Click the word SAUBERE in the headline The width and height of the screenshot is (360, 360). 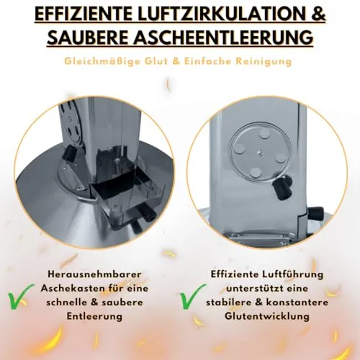click(x=87, y=37)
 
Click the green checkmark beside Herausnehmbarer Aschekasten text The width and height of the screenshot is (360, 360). click(x=20, y=297)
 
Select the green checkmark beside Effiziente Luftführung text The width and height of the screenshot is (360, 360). click(x=193, y=297)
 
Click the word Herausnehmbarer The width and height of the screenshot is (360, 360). click(x=94, y=274)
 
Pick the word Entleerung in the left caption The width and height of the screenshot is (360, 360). click(x=94, y=316)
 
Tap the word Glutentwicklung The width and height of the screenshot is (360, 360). click(x=267, y=316)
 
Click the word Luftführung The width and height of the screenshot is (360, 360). click(x=292, y=274)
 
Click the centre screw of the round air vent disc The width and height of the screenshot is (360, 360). click(x=261, y=152)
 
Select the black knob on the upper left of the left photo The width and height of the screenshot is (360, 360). click(x=69, y=153)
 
